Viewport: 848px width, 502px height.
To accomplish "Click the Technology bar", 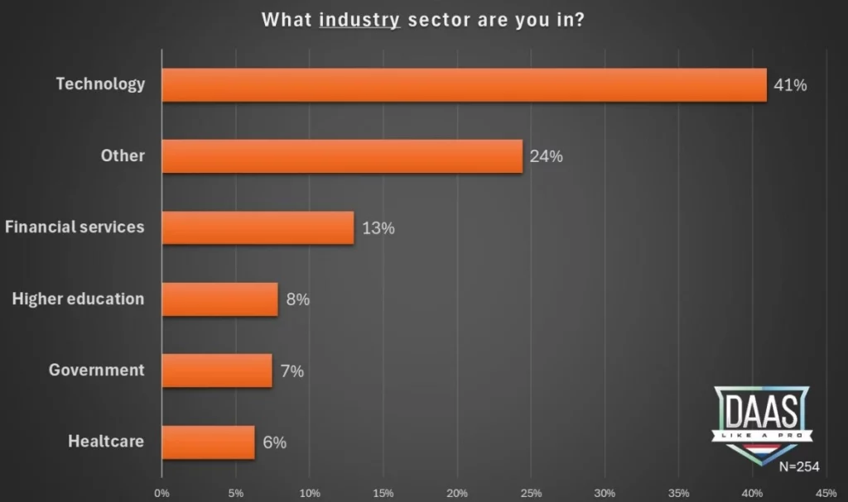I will pos(464,84).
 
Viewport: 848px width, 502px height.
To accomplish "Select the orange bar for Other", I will pos(342,156).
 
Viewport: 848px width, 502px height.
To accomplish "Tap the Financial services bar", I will pos(258,227).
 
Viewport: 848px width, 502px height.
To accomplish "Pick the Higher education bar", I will pos(219,299).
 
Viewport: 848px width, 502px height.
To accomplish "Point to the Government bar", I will pos(217,371).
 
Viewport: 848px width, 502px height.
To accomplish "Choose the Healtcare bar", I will pos(209,442).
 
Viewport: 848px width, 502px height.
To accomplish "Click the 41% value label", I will pos(789,84).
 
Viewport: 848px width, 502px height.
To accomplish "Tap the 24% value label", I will pos(546,156).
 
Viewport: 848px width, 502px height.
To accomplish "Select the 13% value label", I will pos(378,228).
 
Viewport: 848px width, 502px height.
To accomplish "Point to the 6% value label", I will pos(274,442).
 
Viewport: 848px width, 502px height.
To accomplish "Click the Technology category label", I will pos(100,84).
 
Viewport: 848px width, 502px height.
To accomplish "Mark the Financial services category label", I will pos(75,227).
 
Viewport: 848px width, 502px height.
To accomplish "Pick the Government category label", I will pos(97,370).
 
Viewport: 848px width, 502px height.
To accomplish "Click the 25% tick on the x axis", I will pos(531,494).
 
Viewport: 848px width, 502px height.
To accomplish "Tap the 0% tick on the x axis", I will pos(162,494).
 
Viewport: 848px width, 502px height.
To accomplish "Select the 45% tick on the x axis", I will pos(826,494).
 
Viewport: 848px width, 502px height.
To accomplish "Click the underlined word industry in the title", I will pos(359,19).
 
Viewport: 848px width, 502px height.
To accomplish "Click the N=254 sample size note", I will pos(799,466).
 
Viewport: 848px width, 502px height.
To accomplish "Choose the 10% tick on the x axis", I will pos(310,494).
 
